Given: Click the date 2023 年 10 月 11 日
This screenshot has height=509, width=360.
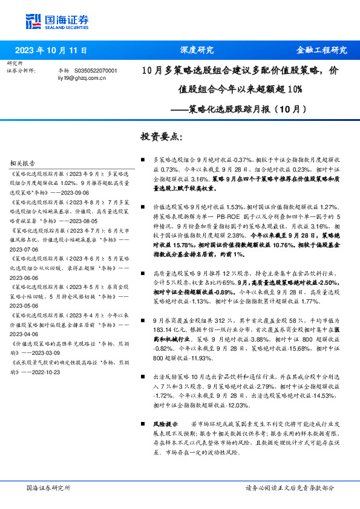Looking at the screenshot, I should coord(51,50).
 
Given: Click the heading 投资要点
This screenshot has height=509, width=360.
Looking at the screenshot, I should coord(162,137).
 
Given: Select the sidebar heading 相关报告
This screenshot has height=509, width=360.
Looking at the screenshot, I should coord(24,163).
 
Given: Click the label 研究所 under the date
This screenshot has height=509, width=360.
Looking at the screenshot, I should coord(15,63).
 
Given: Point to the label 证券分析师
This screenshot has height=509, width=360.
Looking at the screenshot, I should coord(21,71).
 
